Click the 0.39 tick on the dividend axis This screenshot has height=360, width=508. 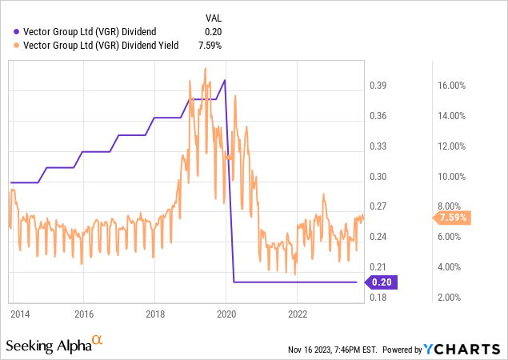(378, 86)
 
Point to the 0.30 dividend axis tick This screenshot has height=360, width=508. (378, 177)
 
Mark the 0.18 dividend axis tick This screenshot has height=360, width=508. (378, 298)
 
